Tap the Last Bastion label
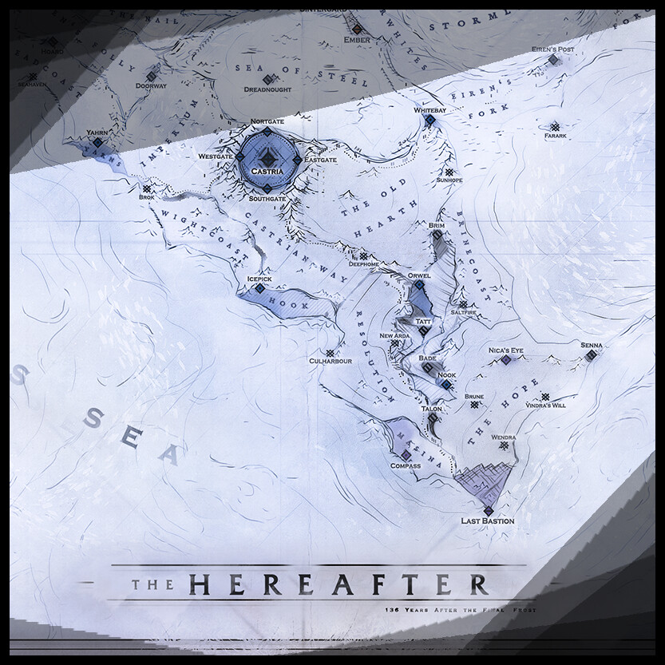point(487,521)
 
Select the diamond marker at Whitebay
point(429,120)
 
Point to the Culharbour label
point(331,361)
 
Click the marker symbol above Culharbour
point(329,351)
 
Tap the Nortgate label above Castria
point(267,121)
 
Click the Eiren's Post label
point(552,49)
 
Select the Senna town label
point(592,345)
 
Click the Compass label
point(406,465)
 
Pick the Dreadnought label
point(267,89)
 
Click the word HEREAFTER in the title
point(338,584)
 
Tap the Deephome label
point(364,268)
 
